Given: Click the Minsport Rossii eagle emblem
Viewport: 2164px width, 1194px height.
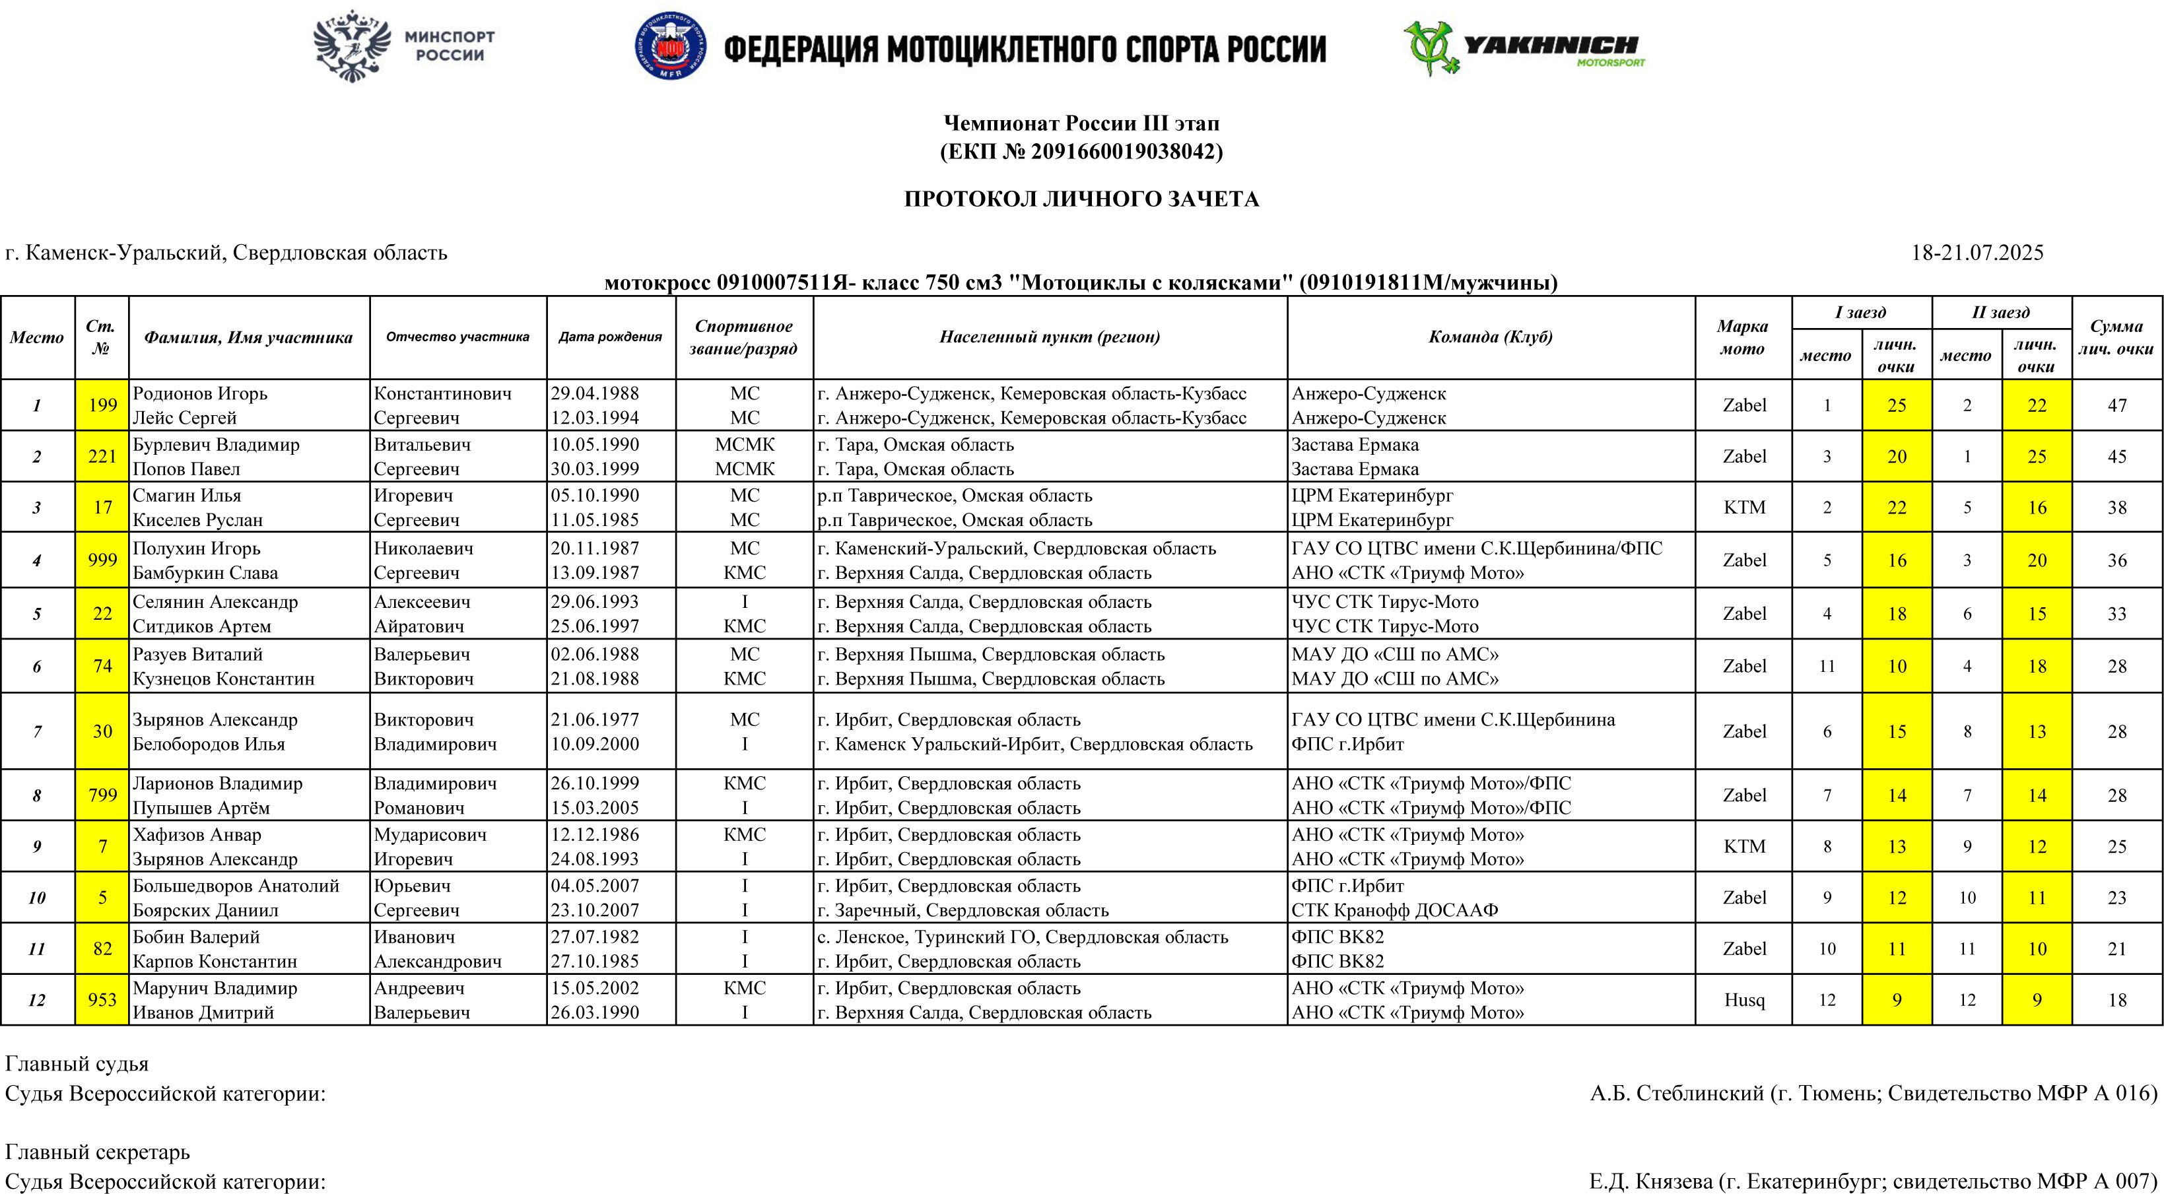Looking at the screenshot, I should (352, 46).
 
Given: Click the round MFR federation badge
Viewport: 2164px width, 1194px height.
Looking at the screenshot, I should (669, 46).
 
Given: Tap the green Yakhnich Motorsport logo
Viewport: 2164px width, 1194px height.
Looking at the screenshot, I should (1522, 48).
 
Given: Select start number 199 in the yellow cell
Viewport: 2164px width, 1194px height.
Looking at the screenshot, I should (102, 405).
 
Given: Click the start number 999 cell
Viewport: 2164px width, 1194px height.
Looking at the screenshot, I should (102, 560).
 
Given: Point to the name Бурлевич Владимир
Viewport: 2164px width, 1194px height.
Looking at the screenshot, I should (216, 444).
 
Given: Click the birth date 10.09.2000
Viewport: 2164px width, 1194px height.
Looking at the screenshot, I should (594, 744).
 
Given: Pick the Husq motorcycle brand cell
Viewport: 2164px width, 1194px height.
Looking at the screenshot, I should (1744, 999).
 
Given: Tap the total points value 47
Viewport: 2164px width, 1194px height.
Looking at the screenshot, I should (2117, 405).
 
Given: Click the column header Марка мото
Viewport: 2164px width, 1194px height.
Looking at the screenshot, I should (1742, 337).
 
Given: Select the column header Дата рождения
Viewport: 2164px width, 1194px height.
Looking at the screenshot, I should (610, 337).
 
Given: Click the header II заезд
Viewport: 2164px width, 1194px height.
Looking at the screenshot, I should (2000, 312).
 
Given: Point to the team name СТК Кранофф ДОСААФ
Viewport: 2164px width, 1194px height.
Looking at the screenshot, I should (1394, 910).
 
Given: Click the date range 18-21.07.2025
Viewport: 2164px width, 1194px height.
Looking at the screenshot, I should (1977, 253).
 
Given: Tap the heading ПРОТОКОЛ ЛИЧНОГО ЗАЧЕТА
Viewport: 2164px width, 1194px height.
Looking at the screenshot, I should (1081, 199).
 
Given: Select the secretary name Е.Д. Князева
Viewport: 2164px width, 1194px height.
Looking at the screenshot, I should (1650, 1181).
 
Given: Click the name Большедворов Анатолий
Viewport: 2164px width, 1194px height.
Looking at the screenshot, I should (236, 886).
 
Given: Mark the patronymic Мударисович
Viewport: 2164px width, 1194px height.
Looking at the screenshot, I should (430, 835).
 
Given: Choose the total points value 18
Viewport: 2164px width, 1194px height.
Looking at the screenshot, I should (2117, 999).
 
